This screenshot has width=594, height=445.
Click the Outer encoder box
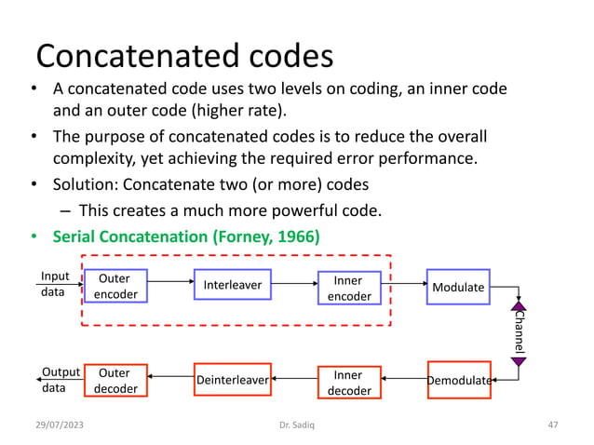click(115, 287)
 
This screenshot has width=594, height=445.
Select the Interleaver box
click(232, 285)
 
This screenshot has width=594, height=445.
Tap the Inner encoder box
click(349, 288)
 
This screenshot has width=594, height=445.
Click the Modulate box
click(458, 287)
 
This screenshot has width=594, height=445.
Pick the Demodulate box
click(459, 380)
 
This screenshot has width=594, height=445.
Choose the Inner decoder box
click(349, 382)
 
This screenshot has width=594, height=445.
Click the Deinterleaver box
click(232, 380)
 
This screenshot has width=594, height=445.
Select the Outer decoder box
click(116, 380)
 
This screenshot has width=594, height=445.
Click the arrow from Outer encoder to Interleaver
click(169, 280)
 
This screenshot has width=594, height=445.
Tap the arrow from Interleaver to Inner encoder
click(293, 281)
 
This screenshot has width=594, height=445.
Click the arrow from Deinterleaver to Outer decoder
click(170, 377)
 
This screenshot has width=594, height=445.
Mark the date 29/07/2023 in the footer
click(55, 425)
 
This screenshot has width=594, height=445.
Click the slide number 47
click(552, 425)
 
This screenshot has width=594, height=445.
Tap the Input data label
click(54, 283)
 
